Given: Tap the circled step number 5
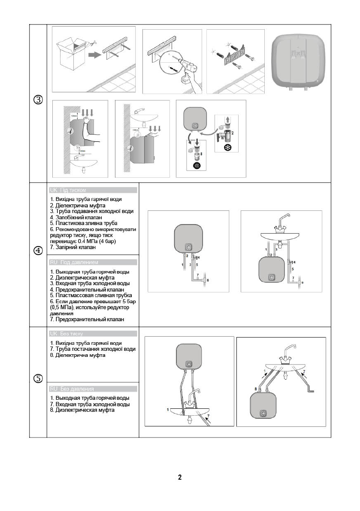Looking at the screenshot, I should [38, 378].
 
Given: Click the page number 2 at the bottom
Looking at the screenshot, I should [180, 478].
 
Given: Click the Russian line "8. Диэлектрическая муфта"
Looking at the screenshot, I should [83, 410].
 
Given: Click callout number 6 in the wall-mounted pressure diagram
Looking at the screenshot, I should [208, 280].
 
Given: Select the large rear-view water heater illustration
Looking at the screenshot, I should [300, 60].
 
